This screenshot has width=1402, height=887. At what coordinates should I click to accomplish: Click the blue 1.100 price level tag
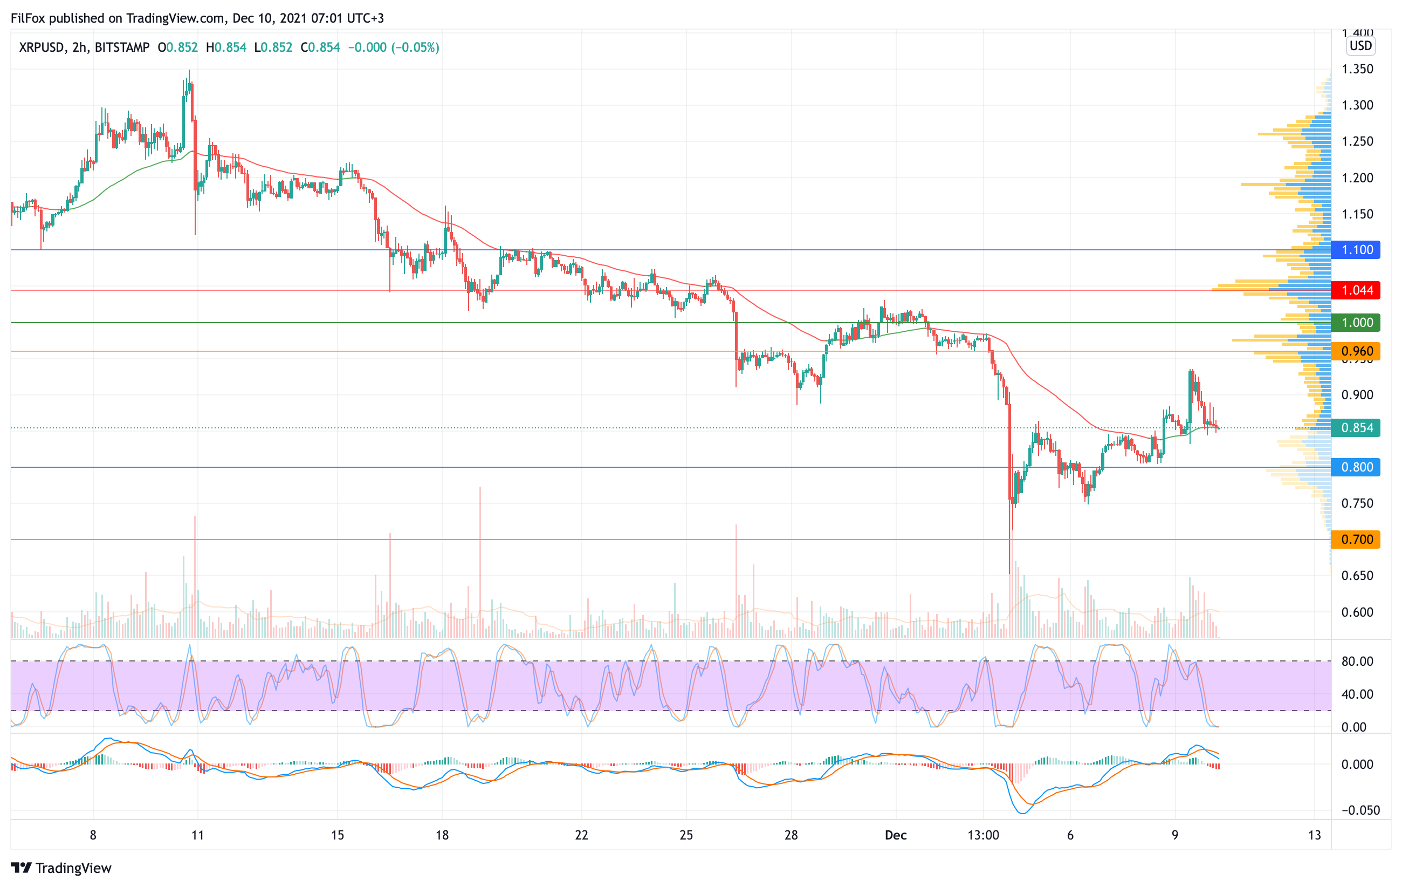click(x=1356, y=250)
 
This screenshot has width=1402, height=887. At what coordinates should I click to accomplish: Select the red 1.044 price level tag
click(x=1356, y=290)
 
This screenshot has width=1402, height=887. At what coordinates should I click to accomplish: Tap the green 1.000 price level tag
click(x=1356, y=323)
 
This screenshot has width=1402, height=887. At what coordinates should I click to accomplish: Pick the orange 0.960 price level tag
click(x=1356, y=351)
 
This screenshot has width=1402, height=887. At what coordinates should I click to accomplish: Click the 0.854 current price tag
click(x=1356, y=428)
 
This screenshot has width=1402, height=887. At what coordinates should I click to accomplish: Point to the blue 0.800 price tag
click(x=1356, y=467)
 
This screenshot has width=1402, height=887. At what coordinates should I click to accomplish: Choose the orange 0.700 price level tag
click(x=1356, y=540)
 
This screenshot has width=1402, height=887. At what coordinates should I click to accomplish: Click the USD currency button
click(x=1360, y=45)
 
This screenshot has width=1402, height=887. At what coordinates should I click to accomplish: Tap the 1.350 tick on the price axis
click(x=1357, y=69)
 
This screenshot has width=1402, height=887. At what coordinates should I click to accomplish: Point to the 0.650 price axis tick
click(x=1357, y=575)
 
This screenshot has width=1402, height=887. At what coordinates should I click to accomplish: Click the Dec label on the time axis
click(x=896, y=835)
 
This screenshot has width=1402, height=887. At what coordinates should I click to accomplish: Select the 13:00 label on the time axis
click(x=983, y=835)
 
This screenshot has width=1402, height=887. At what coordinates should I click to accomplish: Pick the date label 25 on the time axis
click(x=686, y=835)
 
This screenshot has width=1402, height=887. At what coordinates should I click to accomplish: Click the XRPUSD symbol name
click(x=42, y=47)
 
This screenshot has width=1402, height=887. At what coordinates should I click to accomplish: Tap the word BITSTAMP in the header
click(x=122, y=47)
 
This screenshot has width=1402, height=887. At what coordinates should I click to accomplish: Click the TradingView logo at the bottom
click(x=61, y=868)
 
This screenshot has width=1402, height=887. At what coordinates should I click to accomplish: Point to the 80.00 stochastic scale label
click(x=1357, y=661)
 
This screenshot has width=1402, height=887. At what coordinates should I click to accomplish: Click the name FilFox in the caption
click(x=28, y=18)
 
